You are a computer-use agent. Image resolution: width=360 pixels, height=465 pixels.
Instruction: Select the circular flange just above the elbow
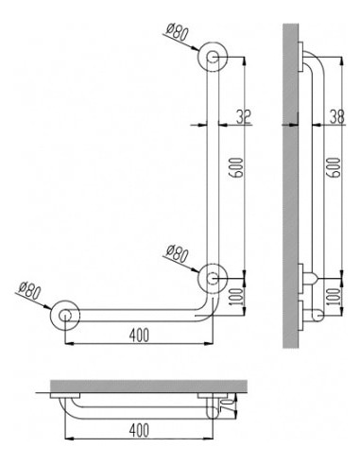(x=213, y=278)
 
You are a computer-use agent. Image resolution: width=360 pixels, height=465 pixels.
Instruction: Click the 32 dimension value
(x=243, y=117)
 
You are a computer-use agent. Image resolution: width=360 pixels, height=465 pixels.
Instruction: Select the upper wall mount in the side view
(x=303, y=57)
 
